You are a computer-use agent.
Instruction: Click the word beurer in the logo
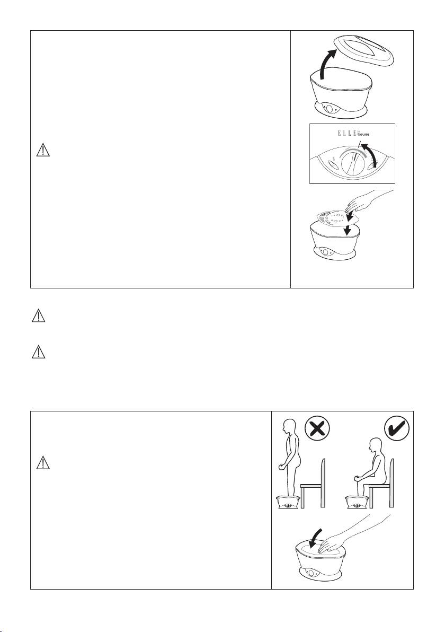363,134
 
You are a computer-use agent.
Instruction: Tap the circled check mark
397,429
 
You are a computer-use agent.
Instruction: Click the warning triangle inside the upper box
43,151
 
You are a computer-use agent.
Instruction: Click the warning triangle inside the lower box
43,462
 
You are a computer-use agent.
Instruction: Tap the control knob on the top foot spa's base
329,109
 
